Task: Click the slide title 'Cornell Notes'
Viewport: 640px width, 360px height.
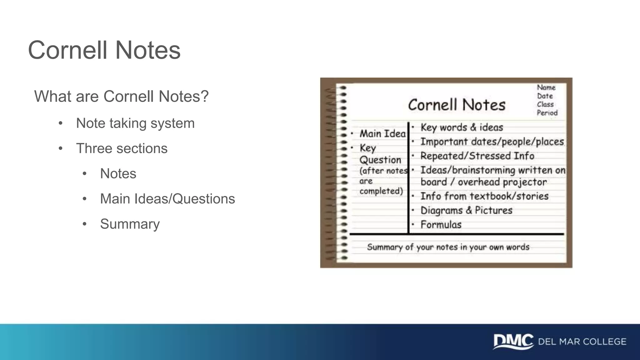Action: [x=104, y=50]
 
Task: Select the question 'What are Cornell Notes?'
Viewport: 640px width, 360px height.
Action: [x=121, y=96]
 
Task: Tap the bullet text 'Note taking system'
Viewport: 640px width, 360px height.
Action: [x=135, y=123]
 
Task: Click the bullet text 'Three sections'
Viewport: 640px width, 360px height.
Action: [x=122, y=148]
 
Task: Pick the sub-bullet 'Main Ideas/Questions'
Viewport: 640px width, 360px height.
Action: [x=167, y=199]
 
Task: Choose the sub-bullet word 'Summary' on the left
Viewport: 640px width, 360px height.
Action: [x=130, y=224]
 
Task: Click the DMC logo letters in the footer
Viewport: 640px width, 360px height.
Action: [x=513, y=341]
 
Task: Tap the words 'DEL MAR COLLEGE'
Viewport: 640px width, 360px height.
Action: [x=582, y=342]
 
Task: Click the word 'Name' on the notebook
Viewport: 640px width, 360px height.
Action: [x=546, y=87]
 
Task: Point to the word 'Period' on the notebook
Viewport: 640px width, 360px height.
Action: [x=547, y=112]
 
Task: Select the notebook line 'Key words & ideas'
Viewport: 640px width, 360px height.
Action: [x=462, y=127]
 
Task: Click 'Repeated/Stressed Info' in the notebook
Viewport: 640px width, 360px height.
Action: [x=477, y=156]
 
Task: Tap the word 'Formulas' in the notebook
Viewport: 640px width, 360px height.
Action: [x=441, y=224]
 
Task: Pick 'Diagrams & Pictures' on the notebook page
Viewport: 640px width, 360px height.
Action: [x=466, y=210]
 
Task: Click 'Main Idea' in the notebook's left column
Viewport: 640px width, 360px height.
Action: [x=382, y=134]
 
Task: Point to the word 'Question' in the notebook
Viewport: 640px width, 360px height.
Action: [x=380, y=160]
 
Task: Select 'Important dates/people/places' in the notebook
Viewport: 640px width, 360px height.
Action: [x=492, y=142]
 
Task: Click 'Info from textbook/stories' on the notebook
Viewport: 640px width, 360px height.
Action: [x=484, y=196]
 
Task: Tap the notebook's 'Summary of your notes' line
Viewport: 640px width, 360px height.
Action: [x=448, y=247]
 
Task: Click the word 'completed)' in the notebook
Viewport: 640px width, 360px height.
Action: [x=381, y=191]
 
